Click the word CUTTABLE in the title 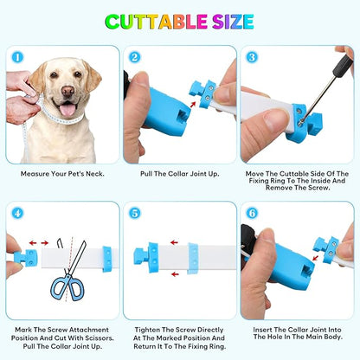point(156,22)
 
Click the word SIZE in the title point(233,22)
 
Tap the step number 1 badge point(17,57)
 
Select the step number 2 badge point(135,57)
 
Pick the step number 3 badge point(252,57)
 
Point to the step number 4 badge point(17,214)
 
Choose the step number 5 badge point(135,214)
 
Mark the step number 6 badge point(252,214)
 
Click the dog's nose point(68,92)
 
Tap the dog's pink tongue point(67,110)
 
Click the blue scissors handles point(67,287)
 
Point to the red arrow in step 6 point(316,257)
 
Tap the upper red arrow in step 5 point(174,242)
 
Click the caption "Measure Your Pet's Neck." point(62,174)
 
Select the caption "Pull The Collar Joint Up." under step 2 point(180,174)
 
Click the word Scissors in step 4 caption point(99,338)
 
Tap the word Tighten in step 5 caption point(147,330)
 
